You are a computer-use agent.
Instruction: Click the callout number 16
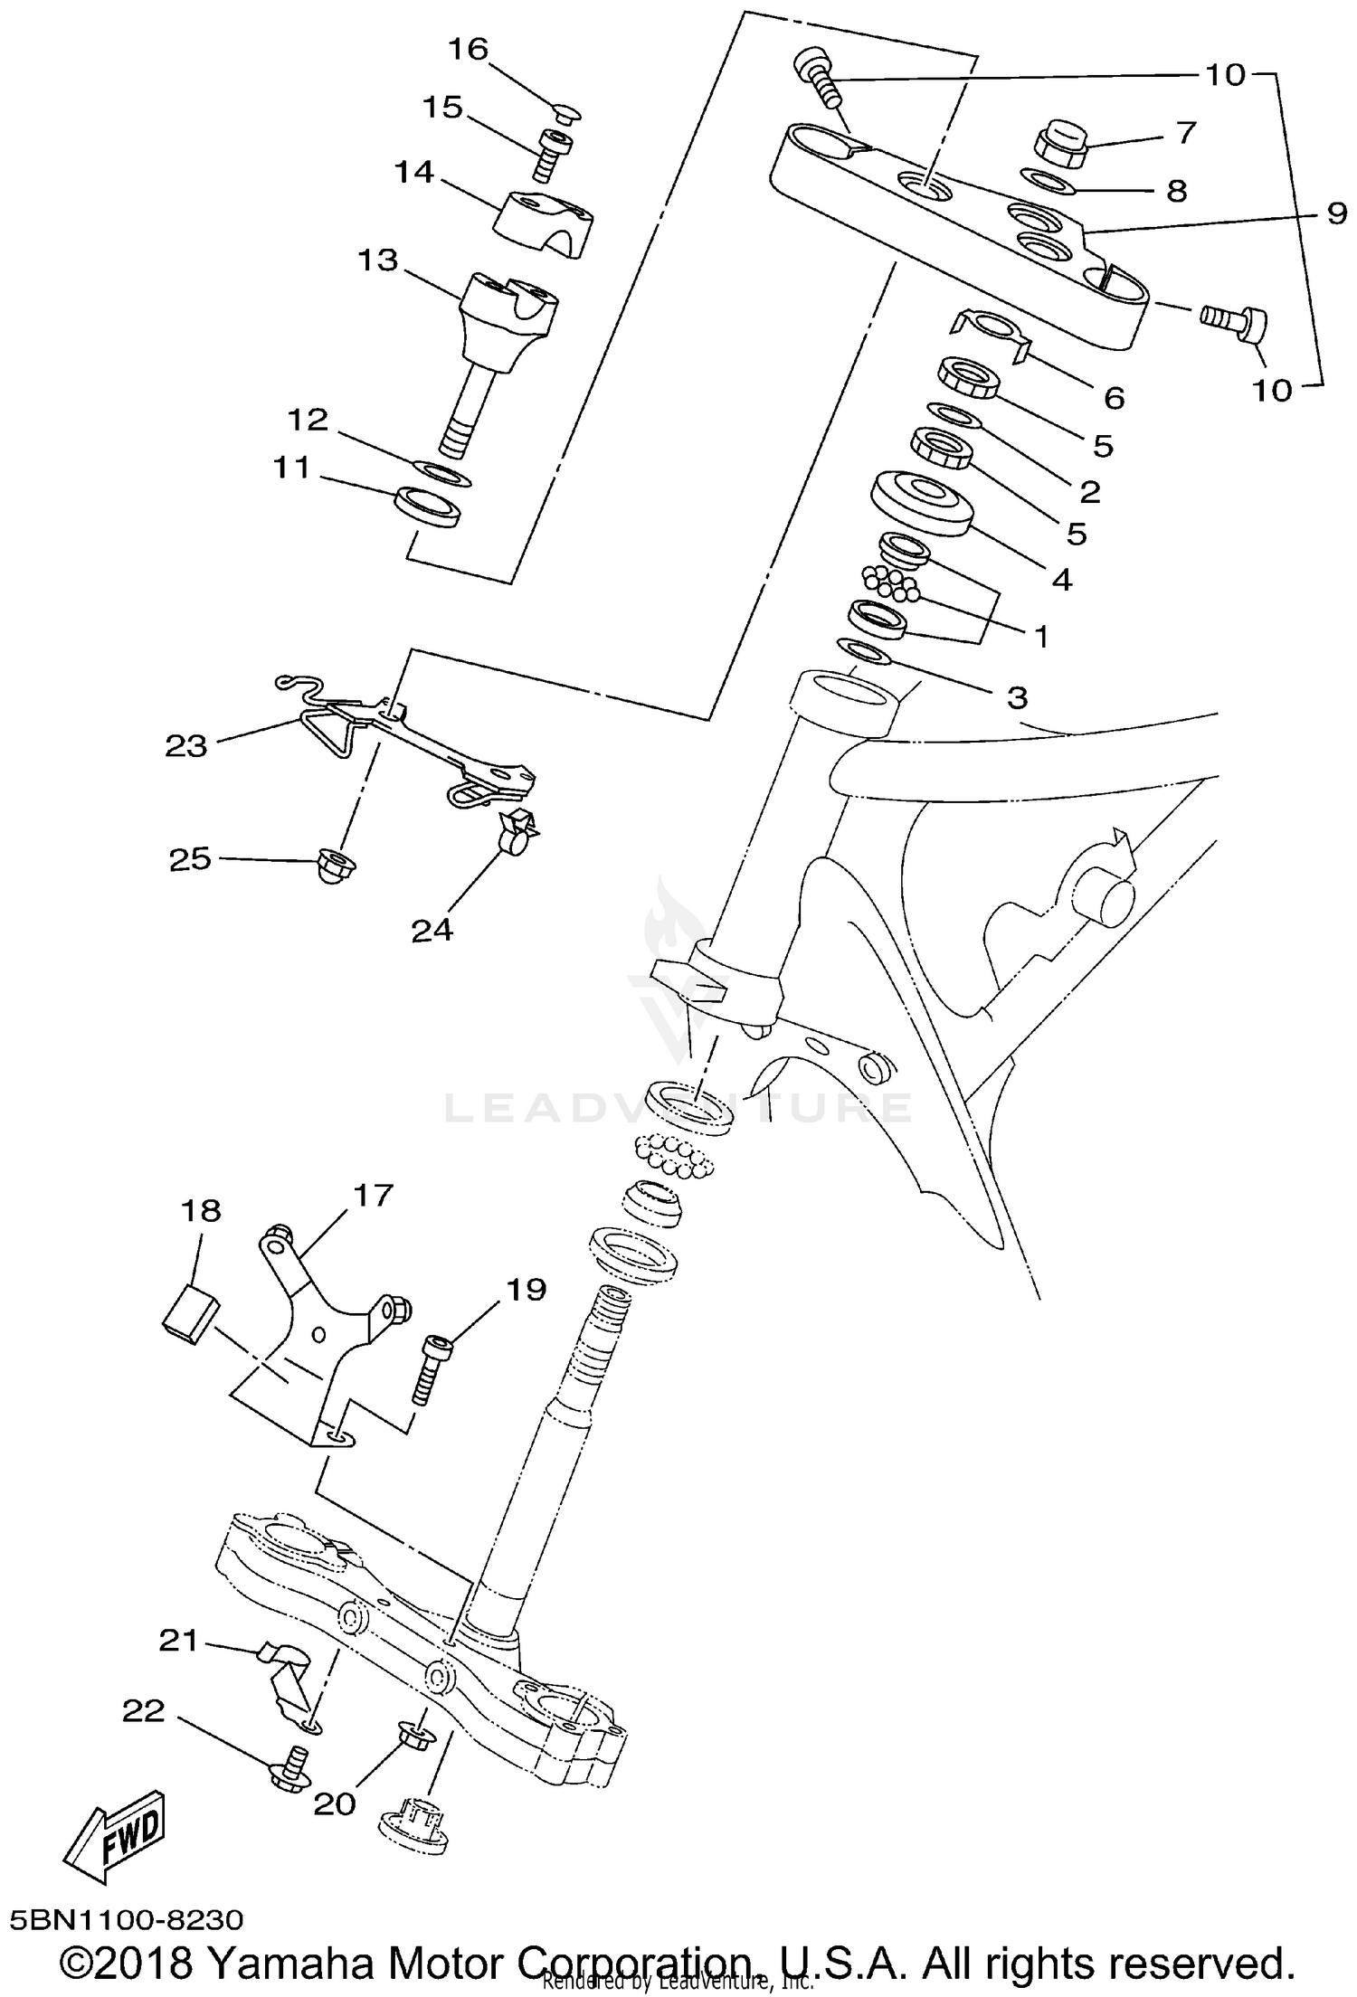pos(469,49)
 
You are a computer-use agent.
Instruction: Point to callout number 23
pos(186,745)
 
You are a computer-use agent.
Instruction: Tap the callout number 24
pos(432,929)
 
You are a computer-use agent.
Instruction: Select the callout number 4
pos(1062,579)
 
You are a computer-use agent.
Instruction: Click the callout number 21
pos(178,1639)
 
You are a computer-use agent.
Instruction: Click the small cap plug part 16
pos(566,112)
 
